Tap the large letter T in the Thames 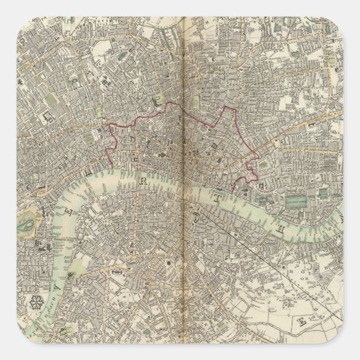coord(216,197)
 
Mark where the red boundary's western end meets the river coord(111,164)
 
